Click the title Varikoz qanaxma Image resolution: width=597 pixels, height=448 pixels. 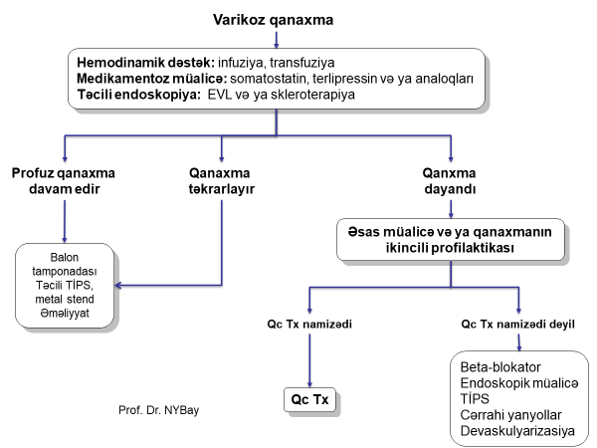(276, 20)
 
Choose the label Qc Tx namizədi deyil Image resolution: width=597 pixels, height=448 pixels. (517, 325)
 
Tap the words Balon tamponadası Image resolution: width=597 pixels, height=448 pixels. (65, 269)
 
